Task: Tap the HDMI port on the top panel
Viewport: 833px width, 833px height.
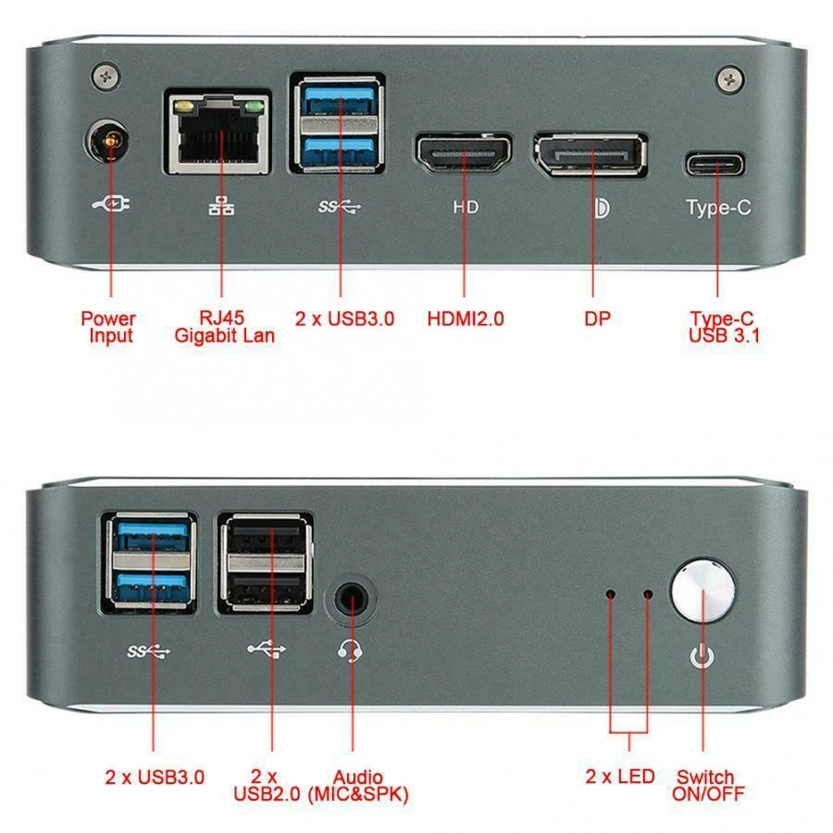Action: tap(463, 153)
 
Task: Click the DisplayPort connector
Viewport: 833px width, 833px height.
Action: tap(590, 154)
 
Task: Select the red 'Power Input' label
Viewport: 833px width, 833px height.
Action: tap(108, 328)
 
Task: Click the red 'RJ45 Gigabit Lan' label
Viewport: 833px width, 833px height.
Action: tap(224, 328)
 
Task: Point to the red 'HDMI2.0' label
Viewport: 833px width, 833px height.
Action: tap(466, 319)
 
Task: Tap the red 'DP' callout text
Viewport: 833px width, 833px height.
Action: tap(597, 319)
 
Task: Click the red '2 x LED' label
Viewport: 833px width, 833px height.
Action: tap(619, 777)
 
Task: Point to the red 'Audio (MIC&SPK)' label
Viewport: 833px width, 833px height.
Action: tap(357, 785)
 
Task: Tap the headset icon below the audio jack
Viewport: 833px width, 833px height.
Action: tap(350, 653)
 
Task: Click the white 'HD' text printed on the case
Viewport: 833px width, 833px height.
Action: tap(466, 207)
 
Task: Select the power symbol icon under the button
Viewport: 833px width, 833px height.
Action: tap(703, 657)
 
